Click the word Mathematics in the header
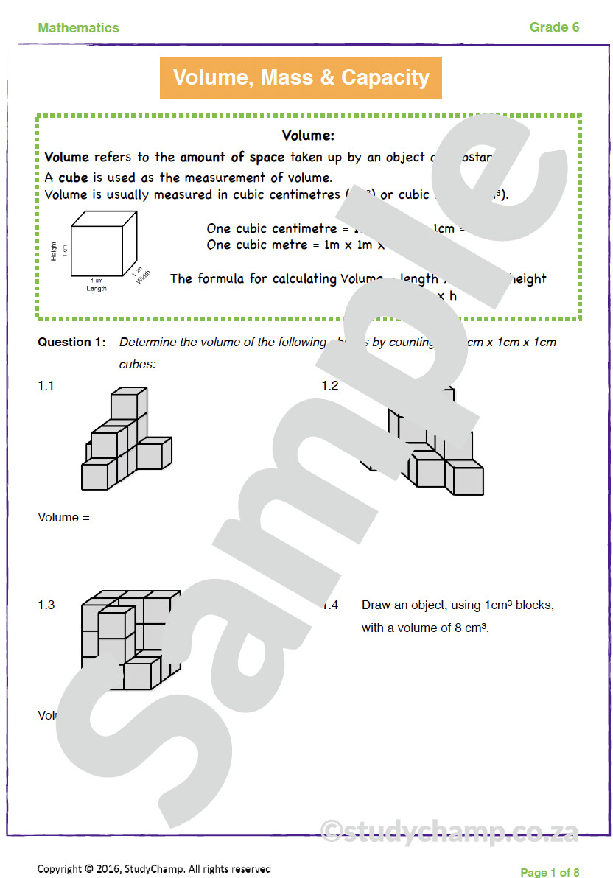[x=78, y=28]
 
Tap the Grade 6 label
[x=554, y=27]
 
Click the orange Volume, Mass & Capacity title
[x=301, y=77]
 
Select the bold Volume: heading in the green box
[x=308, y=136]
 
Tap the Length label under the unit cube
[x=96, y=288]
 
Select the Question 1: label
[x=72, y=343]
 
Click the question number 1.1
[x=46, y=385]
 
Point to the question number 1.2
[x=329, y=385]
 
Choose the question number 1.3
[x=46, y=605]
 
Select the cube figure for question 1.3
[x=129, y=639]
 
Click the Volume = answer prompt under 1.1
[x=63, y=517]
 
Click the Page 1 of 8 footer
[x=550, y=872]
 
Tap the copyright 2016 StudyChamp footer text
[x=154, y=869]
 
